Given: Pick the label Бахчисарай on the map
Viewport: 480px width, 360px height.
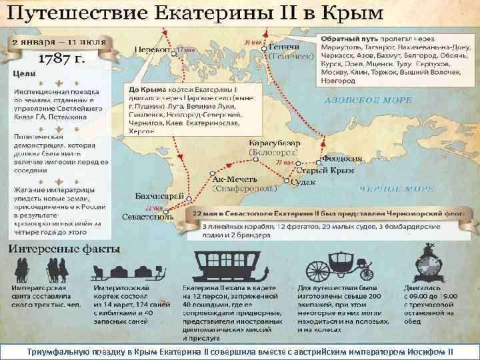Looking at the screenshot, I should (x=159, y=196).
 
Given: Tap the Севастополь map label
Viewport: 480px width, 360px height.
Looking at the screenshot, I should (x=148, y=217).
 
